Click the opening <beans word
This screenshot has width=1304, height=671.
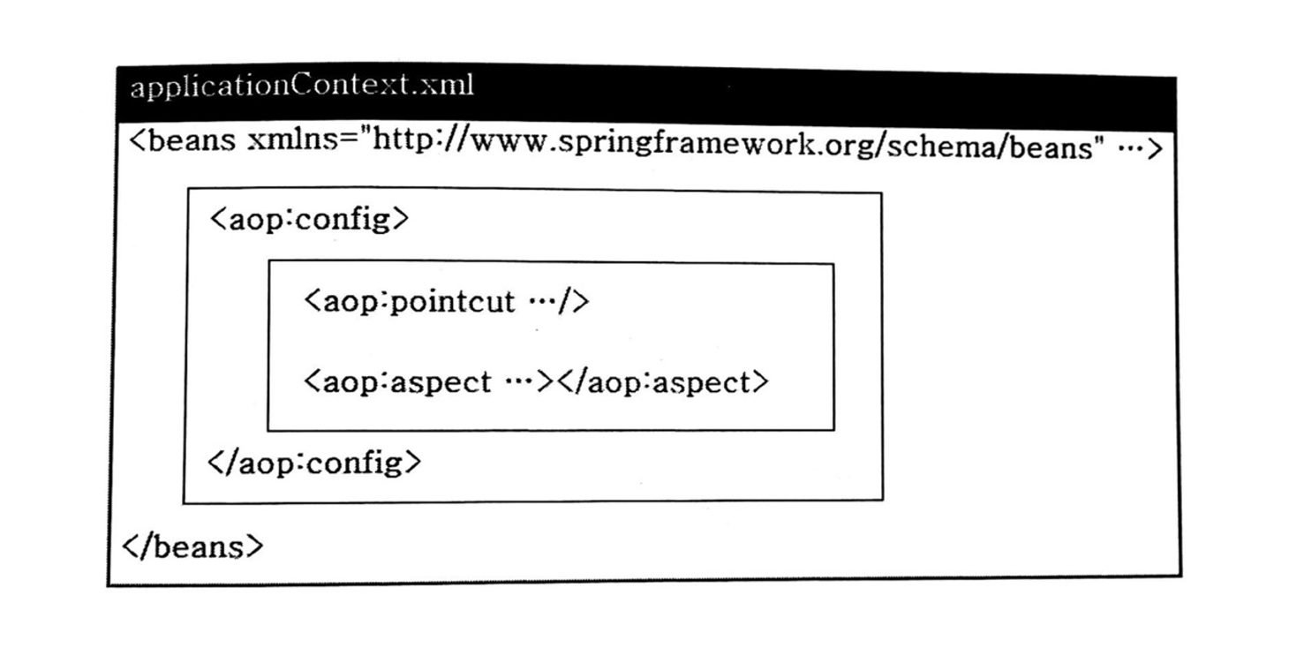(x=182, y=140)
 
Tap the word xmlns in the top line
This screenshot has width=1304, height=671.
(x=292, y=140)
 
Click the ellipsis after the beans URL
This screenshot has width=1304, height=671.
(x=1131, y=148)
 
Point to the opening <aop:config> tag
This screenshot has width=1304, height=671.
(x=309, y=220)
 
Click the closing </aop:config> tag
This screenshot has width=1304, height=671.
(x=314, y=464)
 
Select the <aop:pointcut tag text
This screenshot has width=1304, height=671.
(x=410, y=302)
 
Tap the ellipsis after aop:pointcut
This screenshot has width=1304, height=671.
(x=541, y=302)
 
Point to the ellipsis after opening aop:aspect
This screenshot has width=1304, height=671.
(x=519, y=382)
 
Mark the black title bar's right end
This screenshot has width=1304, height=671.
(x=1175, y=103)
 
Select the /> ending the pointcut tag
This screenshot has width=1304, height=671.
(x=574, y=302)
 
